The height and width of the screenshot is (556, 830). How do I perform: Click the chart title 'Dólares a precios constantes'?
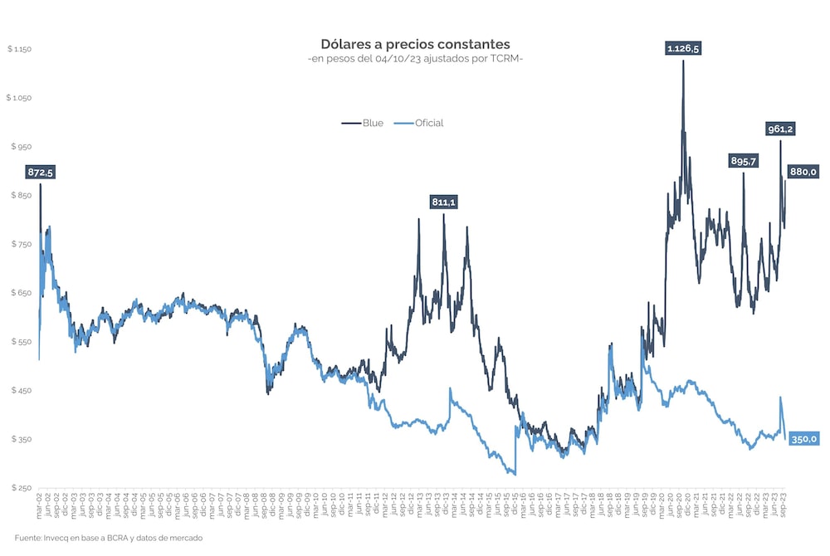click(x=415, y=43)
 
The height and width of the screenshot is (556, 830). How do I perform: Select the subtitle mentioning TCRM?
click(x=415, y=59)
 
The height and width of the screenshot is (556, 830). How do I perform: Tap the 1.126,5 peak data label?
click(x=683, y=49)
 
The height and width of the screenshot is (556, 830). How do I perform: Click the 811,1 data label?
click(x=443, y=202)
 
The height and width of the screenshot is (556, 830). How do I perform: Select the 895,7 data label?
click(x=743, y=161)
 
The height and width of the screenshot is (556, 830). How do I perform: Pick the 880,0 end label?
click(x=803, y=172)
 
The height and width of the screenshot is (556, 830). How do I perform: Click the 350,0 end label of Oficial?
click(x=803, y=439)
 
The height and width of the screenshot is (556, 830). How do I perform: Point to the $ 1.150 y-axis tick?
click(x=19, y=49)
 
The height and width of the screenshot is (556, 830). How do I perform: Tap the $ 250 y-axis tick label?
click(x=21, y=488)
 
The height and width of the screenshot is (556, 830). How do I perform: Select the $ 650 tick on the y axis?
click(x=21, y=293)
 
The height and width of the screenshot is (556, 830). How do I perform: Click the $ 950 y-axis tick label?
click(x=21, y=147)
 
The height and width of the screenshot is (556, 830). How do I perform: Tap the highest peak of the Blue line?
click(x=683, y=61)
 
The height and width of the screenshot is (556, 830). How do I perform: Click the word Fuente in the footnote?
click(x=27, y=538)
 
